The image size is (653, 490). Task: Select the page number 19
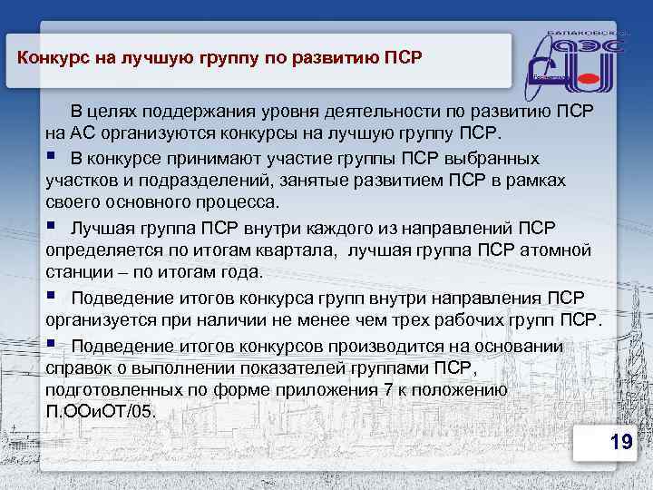[620, 442]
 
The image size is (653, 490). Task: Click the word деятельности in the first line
[387, 112]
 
